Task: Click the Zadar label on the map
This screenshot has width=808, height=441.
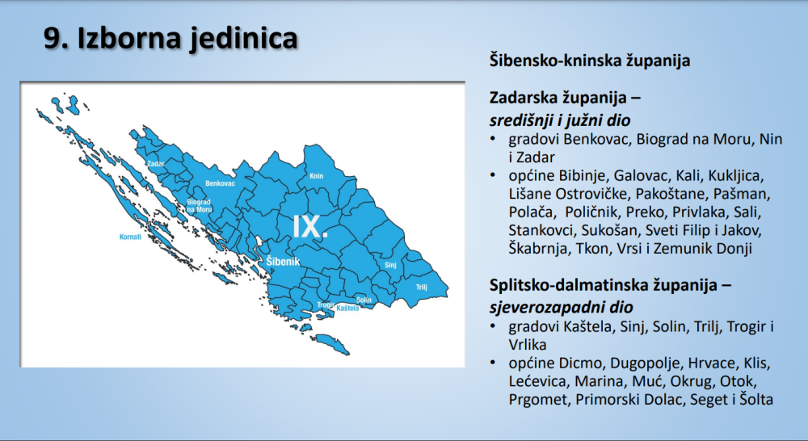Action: coord(156,164)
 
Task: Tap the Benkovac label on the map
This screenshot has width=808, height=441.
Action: coord(220,183)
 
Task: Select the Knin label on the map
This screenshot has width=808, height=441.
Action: coord(317,176)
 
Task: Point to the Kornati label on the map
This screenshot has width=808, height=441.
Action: coord(130,237)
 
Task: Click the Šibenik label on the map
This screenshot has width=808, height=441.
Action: coord(283,262)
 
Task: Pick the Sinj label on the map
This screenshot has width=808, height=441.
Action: coord(390,265)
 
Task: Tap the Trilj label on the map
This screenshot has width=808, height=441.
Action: coord(422,287)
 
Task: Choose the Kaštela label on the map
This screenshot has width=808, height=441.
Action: coord(347,308)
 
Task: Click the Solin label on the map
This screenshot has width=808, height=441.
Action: coord(364,300)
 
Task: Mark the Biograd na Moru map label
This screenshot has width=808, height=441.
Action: coord(199,206)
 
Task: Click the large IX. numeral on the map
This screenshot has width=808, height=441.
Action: coord(310,227)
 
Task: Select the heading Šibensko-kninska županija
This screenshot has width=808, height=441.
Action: coord(590,61)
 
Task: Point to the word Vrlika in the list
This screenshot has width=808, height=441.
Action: coord(527,344)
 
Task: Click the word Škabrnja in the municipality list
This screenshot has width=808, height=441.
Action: coord(537,248)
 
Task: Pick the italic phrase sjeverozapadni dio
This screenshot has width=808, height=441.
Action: coord(562,308)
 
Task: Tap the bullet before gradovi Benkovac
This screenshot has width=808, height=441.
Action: coord(493,139)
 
